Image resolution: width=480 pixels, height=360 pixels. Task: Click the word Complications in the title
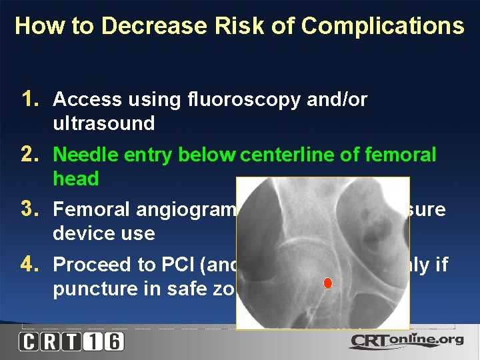(383, 26)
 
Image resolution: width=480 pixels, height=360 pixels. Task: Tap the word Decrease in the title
(135, 26)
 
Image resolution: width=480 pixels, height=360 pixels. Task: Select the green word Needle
(81, 155)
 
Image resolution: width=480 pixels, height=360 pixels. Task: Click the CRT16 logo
(71, 341)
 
